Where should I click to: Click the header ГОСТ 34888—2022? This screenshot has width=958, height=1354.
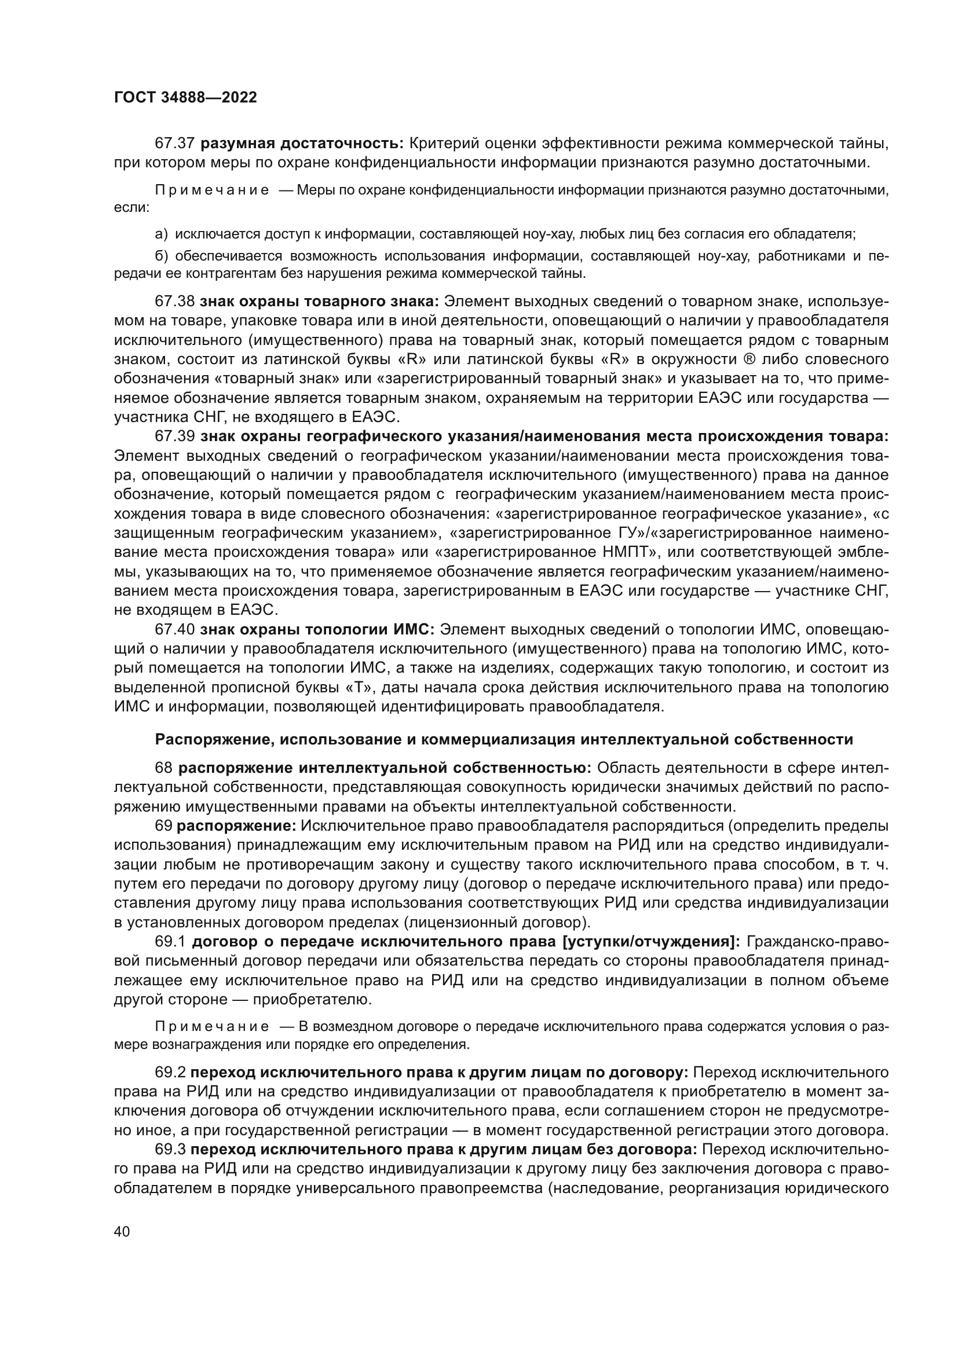[185, 98]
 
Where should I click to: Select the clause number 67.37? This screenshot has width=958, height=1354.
[174, 144]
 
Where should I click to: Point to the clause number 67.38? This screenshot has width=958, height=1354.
[174, 302]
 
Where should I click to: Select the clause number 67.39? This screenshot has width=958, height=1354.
[174, 436]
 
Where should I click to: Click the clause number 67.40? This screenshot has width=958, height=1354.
[174, 629]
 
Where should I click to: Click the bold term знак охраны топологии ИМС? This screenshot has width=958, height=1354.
[317, 629]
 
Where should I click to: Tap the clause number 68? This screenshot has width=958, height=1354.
[163, 768]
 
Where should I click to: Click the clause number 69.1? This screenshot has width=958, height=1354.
[170, 942]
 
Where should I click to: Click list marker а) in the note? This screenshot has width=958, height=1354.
[161, 234]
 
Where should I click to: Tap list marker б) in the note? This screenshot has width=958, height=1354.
[161, 256]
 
